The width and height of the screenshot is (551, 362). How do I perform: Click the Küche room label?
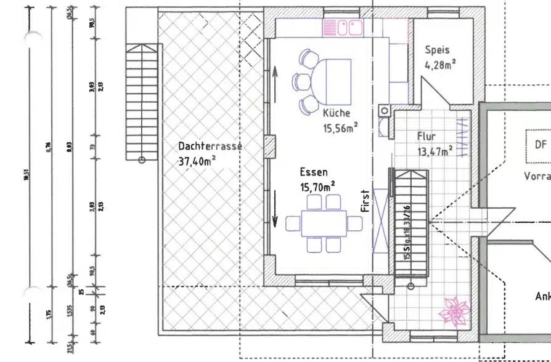click(x=337, y=113)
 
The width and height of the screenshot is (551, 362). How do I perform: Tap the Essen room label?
click(x=314, y=172)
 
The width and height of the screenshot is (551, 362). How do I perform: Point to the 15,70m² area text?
click(x=317, y=187)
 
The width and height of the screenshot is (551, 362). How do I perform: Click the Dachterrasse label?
click(x=210, y=147)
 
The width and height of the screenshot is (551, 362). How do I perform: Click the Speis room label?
click(x=437, y=50)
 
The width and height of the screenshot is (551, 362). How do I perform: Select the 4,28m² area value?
click(x=440, y=64)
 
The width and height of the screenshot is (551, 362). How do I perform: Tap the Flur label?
click(x=427, y=136)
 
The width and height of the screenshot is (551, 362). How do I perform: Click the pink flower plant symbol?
click(x=455, y=310)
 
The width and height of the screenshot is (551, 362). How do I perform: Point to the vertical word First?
click(x=365, y=201)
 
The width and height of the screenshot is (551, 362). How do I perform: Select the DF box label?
click(x=541, y=144)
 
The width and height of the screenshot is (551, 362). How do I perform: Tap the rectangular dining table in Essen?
click(x=324, y=223)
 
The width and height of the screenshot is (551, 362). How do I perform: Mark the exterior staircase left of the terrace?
click(x=142, y=102)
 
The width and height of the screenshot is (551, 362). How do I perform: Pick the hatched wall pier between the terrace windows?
click(x=269, y=147)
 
